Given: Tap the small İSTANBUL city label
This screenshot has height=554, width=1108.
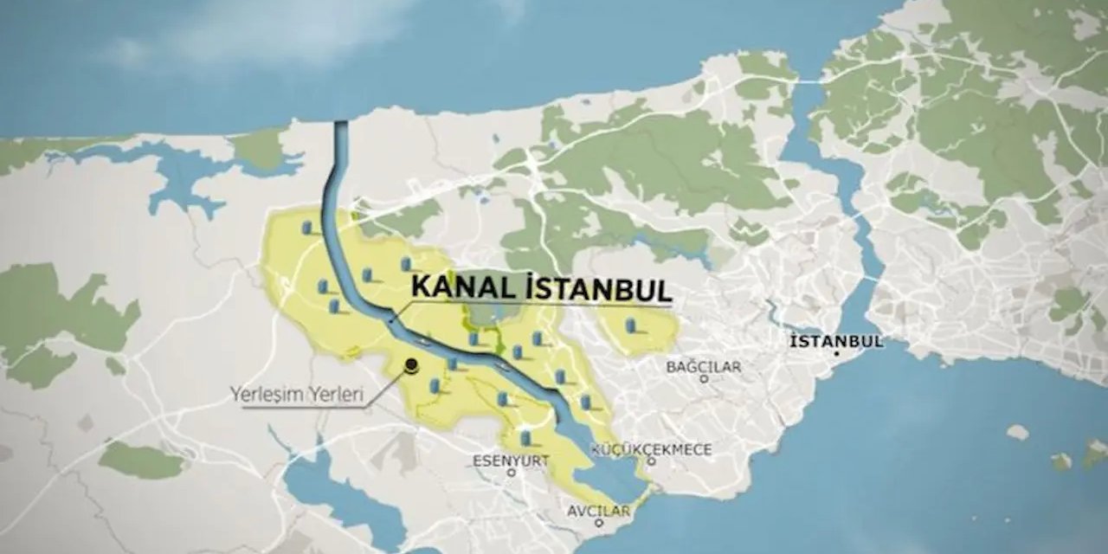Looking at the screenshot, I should [836, 340].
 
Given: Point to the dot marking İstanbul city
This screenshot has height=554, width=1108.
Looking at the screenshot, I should [837, 354].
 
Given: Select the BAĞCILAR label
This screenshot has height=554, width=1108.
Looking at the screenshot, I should [703, 366].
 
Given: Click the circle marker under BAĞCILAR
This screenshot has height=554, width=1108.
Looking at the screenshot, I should [704, 378].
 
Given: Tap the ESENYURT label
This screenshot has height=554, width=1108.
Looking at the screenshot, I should [511, 461].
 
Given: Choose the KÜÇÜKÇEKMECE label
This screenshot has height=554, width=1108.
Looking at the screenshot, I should [652, 449].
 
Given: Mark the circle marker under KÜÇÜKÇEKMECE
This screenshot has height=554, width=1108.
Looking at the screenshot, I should [651, 461].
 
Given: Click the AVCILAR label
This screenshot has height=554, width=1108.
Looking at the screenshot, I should [598, 511].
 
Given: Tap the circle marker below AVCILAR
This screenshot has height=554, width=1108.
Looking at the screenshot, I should [599, 524].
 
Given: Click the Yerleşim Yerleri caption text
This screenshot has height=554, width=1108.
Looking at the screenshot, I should [296, 395].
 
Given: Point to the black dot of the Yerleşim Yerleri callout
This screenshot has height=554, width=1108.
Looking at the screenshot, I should [412, 365].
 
